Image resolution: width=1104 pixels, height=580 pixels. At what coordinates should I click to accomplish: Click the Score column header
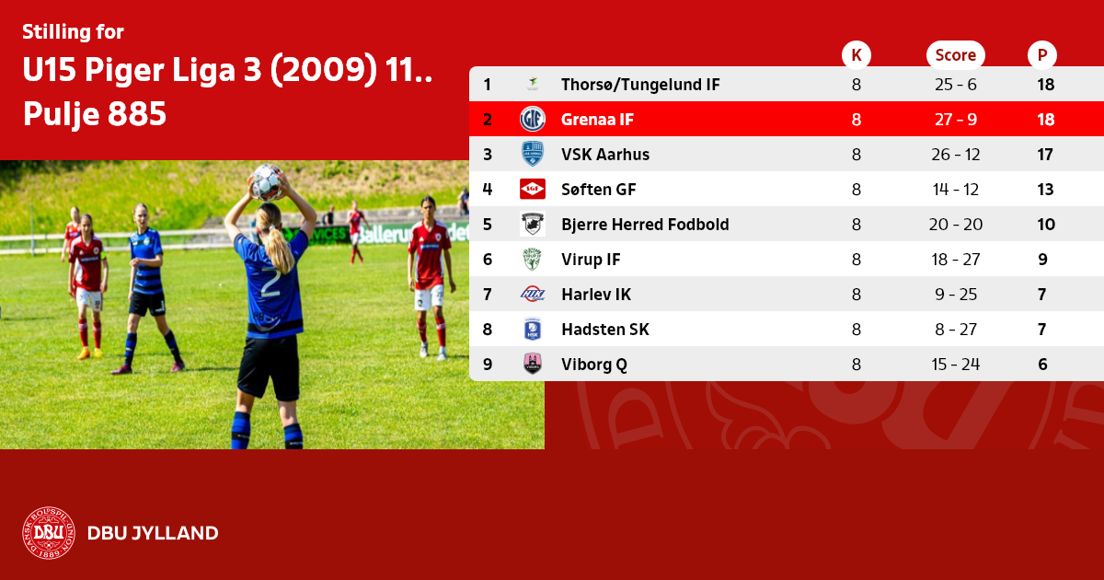coord(955,54)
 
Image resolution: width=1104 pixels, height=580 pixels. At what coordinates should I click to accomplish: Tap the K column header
coord(857,54)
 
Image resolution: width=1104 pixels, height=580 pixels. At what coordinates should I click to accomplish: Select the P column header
coord(1041,54)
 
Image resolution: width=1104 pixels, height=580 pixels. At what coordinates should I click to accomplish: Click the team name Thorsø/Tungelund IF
coord(640,85)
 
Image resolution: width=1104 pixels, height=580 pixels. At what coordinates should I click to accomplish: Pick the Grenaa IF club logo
coord(533,119)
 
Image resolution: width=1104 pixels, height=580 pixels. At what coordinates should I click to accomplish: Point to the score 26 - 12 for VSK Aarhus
coord(955,155)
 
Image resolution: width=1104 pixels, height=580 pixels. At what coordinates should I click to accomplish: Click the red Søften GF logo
coord(533,189)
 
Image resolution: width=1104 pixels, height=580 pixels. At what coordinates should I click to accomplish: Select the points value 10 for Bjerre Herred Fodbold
coord(1045,225)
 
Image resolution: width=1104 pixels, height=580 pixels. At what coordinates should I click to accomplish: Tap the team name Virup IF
coord(591,260)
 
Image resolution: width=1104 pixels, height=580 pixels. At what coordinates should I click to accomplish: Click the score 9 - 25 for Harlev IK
coord(956,295)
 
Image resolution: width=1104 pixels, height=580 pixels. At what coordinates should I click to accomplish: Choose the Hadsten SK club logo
coord(533,329)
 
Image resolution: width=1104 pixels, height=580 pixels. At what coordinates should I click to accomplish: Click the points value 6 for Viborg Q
coord(1042,365)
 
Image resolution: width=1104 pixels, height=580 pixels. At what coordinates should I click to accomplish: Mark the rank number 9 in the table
coord(487,365)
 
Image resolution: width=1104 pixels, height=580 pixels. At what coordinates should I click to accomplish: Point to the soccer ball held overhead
coord(267,181)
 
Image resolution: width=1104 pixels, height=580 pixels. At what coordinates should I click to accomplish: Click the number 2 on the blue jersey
coord(270,284)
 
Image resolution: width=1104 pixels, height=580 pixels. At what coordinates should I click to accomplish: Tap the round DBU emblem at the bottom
coord(48,533)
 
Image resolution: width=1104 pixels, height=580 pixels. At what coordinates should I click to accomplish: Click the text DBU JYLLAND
coord(153,533)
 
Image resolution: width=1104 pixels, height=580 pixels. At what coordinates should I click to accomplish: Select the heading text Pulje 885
coord(95,114)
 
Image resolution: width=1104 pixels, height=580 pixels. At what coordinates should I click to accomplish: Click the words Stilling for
coord(73,32)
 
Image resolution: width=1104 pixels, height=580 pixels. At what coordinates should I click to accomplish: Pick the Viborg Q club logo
coord(533,364)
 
